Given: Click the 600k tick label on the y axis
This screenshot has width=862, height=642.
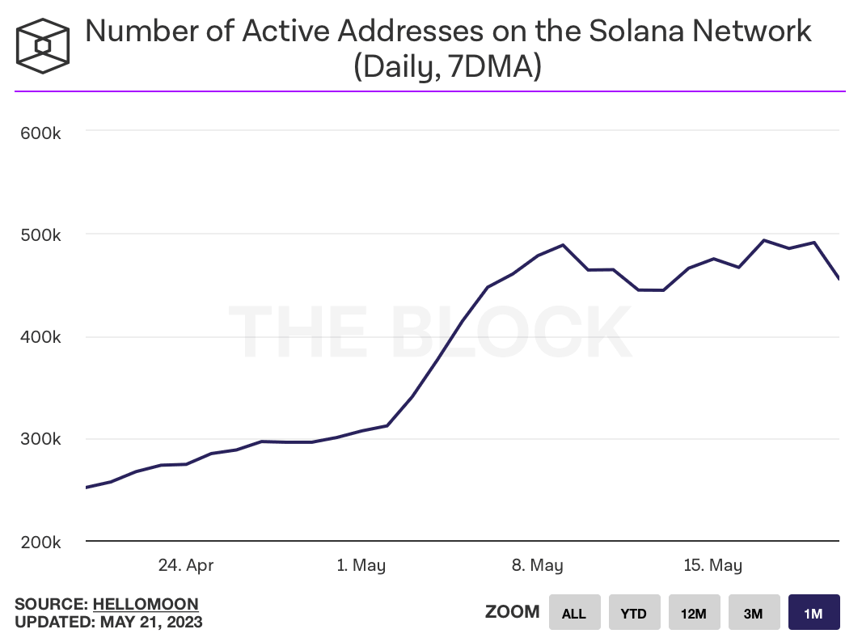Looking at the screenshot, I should (40, 132).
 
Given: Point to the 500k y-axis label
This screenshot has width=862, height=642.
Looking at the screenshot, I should (40, 234).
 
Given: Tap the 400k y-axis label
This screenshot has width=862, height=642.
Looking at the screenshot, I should (40, 337).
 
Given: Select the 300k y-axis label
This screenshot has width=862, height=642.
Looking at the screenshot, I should (40, 440).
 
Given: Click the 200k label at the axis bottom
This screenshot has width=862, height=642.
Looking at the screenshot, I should (40, 542).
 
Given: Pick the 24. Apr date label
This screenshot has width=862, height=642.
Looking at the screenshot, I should (186, 565).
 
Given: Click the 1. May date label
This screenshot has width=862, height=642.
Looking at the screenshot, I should (361, 565).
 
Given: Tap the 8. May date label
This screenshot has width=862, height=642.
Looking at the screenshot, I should (537, 565).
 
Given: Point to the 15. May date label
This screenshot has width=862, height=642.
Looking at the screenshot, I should (712, 565).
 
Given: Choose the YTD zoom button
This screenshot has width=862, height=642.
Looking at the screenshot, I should (634, 613).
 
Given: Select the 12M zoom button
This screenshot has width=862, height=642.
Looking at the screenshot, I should (694, 613).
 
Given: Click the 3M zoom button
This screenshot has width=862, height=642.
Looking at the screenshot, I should (754, 613).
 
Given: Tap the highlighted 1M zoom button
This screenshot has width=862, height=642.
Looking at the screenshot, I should (813, 613).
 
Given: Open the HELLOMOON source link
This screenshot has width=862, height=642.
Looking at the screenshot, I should (146, 604).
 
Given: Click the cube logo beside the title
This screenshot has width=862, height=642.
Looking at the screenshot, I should (43, 44).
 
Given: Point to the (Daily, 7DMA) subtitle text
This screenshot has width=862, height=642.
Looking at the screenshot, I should (447, 66).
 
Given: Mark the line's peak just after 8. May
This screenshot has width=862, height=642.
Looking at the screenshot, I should (563, 244).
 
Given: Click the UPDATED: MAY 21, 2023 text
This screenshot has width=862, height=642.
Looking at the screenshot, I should (108, 622).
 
